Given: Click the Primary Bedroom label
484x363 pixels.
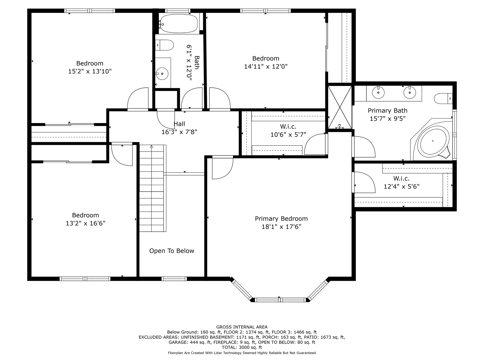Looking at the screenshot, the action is tap(281, 219).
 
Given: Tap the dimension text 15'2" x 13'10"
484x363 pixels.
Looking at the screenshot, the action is tap(90, 71).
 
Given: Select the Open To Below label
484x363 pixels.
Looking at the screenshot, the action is tap(172, 251).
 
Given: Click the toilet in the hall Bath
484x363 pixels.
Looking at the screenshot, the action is tap(164, 45).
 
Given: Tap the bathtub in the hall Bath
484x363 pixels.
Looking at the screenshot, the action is tap(179, 24).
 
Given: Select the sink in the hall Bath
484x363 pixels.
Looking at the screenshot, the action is tap(162, 74).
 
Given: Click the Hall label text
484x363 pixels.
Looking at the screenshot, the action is tap(179, 124).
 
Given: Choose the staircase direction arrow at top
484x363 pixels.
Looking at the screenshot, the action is tap(152, 146).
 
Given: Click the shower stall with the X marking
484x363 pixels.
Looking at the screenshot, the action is tap(340, 107).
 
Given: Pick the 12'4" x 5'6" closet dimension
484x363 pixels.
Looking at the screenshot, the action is tap(402, 187).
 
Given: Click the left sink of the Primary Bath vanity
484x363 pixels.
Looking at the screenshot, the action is tap(378, 93).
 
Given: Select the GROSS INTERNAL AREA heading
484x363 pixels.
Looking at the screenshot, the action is tap(242, 327).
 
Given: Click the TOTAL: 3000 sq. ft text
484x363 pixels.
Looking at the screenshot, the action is tap(242, 347).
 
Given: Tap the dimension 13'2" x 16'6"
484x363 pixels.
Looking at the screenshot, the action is tap(85, 223).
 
